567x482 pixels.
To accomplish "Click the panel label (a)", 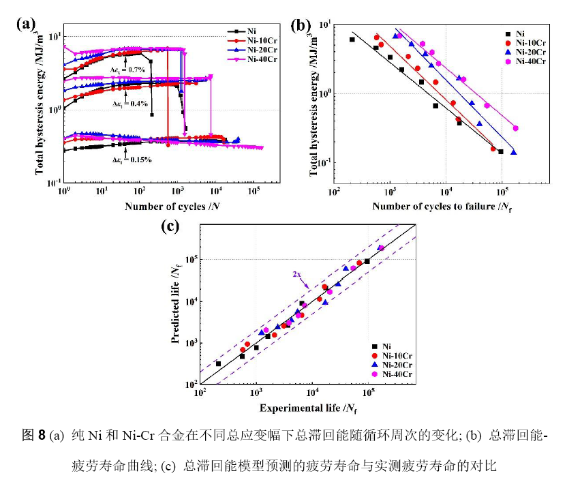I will (x=26, y=25).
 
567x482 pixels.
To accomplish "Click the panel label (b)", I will (x=301, y=25).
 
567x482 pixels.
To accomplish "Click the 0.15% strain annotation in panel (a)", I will (x=132, y=160).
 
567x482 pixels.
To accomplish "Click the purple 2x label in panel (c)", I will (x=297, y=274).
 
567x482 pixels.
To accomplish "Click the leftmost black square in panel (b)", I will (x=352, y=40).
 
